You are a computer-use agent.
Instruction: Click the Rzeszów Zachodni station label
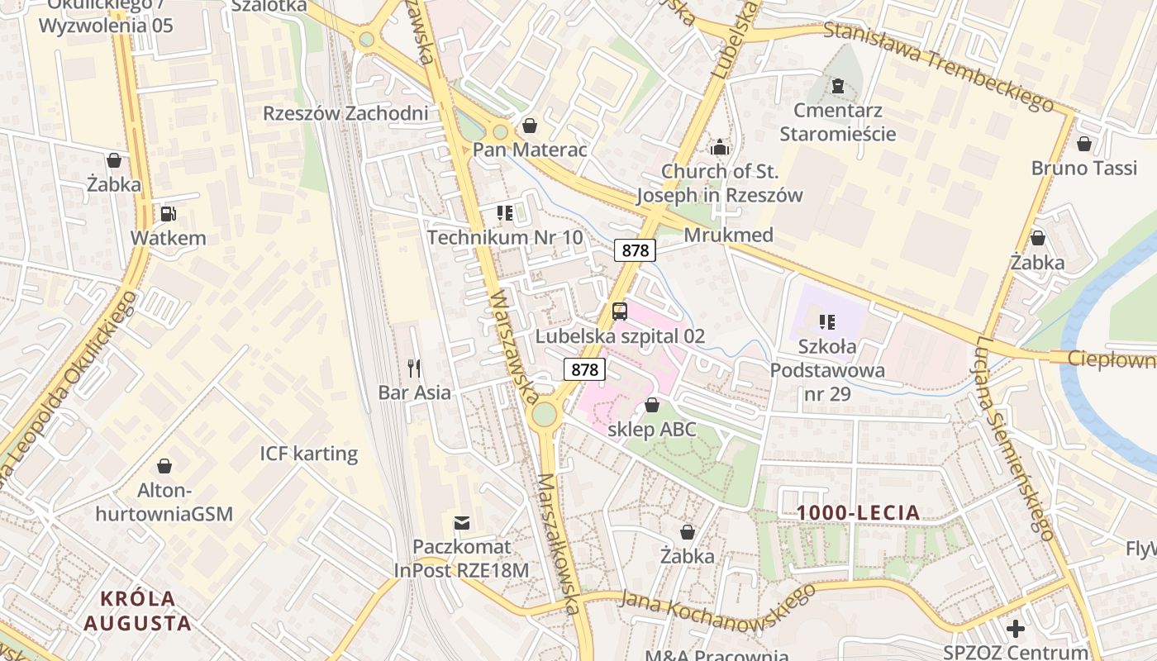pos(345,113)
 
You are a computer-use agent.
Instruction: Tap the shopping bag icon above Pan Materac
pos(530,126)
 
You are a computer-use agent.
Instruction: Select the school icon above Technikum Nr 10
pos(505,214)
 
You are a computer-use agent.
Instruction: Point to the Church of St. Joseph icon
pos(720,147)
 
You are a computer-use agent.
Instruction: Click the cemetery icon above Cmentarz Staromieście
pos(838,86)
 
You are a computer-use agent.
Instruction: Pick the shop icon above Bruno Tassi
pos(1084,144)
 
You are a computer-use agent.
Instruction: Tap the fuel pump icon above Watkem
pos(169,214)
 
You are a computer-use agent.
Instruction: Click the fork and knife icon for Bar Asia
pos(414,368)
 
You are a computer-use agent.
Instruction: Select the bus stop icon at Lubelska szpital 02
pos(620,311)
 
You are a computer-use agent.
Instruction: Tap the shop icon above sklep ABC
pos(652,405)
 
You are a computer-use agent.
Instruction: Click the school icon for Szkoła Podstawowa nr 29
pos(826,321)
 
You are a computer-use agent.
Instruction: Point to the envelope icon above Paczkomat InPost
pos(462,522)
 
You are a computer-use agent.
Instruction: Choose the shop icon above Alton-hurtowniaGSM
pos(164,466)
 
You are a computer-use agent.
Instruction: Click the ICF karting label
pos(309,454)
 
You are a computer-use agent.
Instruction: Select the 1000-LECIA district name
pos(859,512)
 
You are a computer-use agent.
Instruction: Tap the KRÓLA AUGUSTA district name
pos(137,611)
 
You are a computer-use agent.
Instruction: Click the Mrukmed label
pos(728,235)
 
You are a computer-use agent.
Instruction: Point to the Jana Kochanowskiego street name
pos(716,604)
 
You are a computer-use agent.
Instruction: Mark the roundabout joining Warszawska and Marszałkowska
pos(544,413)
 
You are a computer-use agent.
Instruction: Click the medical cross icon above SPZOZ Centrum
pos(1016,629)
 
